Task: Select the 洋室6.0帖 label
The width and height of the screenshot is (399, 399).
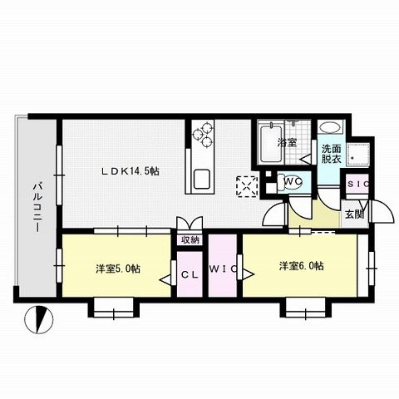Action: tap(301, 266)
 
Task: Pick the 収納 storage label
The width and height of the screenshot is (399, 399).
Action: tap(190, 239)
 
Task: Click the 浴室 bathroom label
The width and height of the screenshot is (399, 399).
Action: tap(288, 143)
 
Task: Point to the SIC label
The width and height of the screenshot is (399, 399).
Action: tap(358, 184)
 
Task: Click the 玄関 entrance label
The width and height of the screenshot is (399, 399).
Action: tap(355, 214)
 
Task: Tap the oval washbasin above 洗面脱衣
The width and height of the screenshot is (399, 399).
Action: tap(330, 130)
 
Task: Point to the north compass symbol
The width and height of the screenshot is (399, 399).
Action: tap(37, 318)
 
